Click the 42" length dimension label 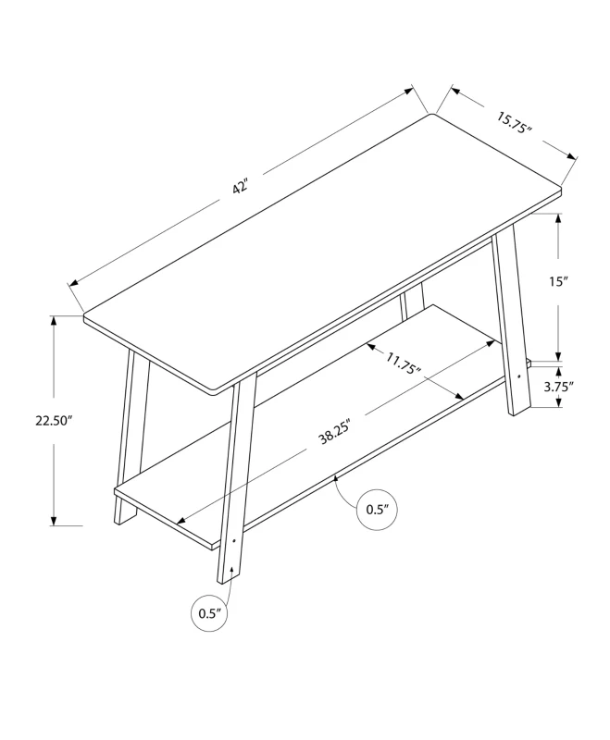pos(241,187)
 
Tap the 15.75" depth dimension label pos(515,123)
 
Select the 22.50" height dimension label pos(54,421)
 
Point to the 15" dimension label pos(557,283)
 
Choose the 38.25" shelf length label pos(337,432)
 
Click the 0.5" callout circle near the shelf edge pos(376,509)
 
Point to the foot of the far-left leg pos(120,520)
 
